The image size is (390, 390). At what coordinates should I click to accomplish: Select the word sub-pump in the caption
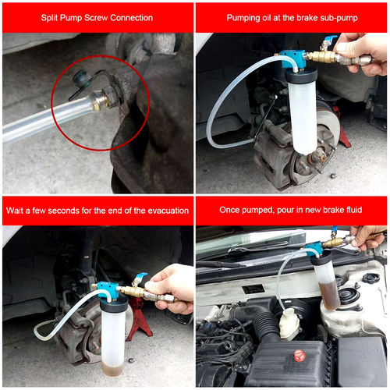click(x=336, y=17)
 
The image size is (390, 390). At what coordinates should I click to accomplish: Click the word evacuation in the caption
click(x=161, y=211)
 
